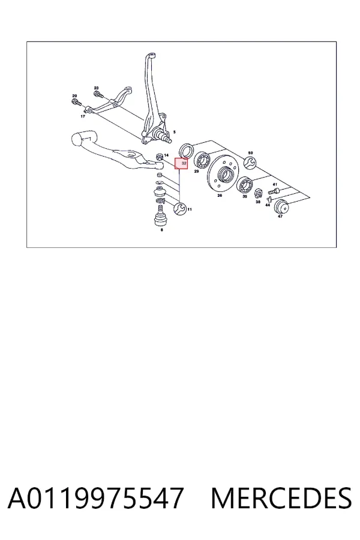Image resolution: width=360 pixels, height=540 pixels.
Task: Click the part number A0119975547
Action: click(x=95, y=498)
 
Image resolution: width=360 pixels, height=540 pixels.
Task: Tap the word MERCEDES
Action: click(x=281, y=498)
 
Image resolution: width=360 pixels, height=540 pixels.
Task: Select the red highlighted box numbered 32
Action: click(x=181, y=164)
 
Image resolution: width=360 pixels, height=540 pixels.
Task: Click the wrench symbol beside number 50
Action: click(x=250, y=163)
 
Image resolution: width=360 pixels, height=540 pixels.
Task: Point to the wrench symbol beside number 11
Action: click(x=180, y=209)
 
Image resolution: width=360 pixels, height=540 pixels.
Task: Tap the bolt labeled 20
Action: click(x=76, y=102)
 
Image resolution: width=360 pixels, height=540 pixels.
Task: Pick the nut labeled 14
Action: click(x=159, y=157)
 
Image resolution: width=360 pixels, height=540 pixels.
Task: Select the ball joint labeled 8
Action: click(x=160, y=215)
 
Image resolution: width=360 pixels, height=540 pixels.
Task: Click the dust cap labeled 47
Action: click(x=281, y=206)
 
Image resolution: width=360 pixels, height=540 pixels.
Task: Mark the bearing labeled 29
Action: click(x=202, y=160)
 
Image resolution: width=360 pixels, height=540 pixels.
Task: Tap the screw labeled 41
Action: click(x=273, y=190)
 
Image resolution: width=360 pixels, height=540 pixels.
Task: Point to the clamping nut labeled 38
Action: click(x=258, y=194)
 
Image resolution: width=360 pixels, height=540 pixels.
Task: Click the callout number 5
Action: click(x=175, y=132)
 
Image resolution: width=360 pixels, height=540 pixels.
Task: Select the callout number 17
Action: click(x=83, y=116)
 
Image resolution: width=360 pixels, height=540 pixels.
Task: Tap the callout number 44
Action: click(x=268, y=205)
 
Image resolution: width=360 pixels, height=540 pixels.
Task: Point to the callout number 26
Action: click(x=220, y=196)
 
